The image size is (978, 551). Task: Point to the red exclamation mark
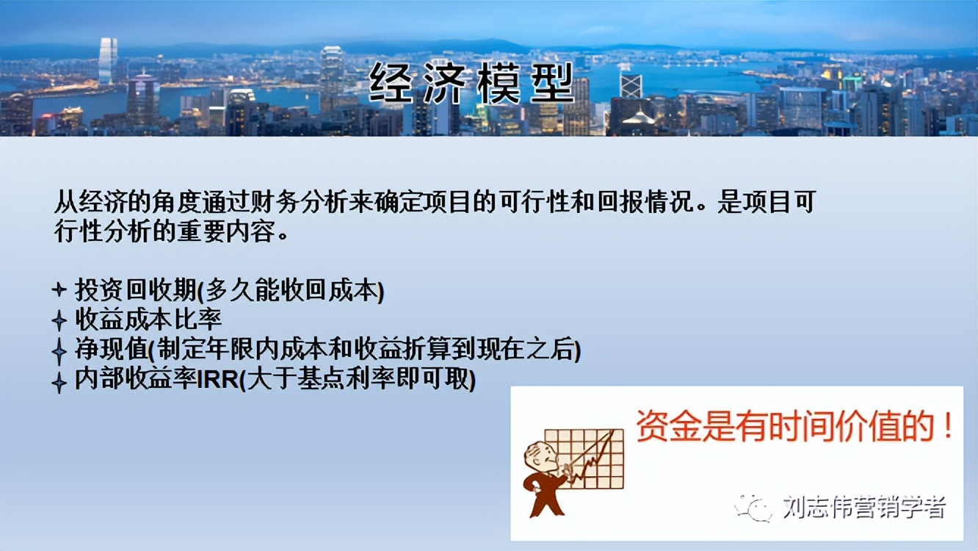pyautogui.click(x=948, y=426)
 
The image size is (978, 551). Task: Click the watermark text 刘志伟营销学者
pyautogui.click(x=863, y=507)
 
